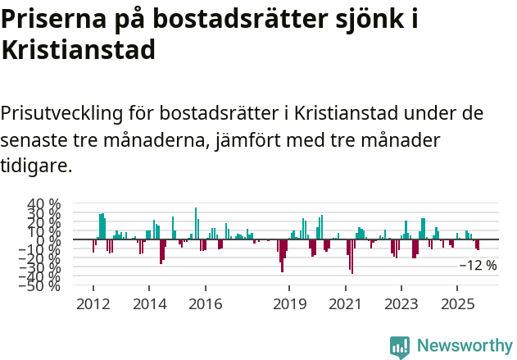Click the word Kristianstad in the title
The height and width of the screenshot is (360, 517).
click(79, 49)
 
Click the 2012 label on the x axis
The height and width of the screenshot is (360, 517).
click(93, 304)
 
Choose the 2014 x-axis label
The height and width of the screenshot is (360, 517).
click(148, 304)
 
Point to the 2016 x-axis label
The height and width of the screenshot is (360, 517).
click(205, 304)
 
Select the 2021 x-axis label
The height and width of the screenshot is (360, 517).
click(345, 304)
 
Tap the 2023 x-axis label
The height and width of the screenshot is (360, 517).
click(401, 304)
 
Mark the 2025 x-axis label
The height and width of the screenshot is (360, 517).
click(456, 304)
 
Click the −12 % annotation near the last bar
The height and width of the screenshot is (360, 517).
click(478, 266)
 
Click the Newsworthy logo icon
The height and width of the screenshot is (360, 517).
click(400, 347)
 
